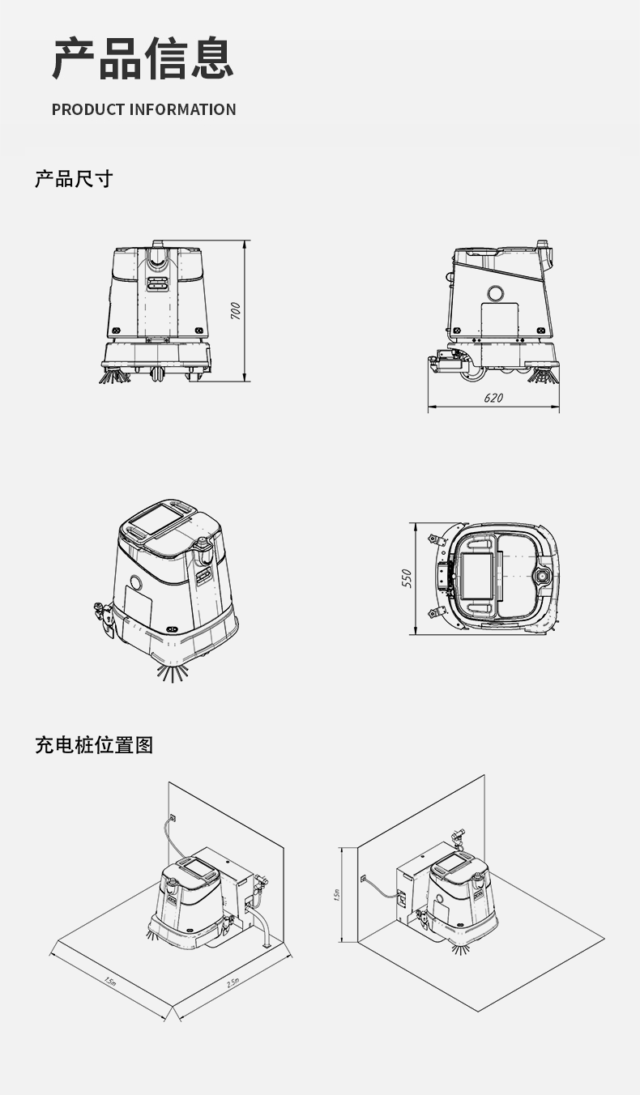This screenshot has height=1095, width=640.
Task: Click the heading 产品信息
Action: pos(143,60)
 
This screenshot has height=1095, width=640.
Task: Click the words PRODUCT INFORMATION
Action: pos(143,109)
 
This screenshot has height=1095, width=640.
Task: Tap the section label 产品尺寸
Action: pos(73,179)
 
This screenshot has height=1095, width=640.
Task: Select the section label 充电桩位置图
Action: pos(94,744)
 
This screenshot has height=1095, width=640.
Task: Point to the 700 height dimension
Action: pos(235,310)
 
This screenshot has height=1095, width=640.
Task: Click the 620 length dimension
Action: pos(493,398)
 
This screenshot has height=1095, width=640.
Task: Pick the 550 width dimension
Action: pos(407,577)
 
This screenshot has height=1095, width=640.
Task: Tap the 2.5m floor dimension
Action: pos(233,982)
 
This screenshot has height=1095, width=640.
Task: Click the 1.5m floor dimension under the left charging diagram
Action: pos(109,982)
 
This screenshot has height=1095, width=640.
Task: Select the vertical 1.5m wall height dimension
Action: pos(337,894)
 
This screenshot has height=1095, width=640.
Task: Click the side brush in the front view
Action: pos(114,376)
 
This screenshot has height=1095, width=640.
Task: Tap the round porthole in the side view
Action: pos(496,293)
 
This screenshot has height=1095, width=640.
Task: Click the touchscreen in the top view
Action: pos(476,576)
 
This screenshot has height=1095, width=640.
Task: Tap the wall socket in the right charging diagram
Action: pos(362,877)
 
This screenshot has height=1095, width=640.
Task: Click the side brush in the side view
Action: pos(544,374)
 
